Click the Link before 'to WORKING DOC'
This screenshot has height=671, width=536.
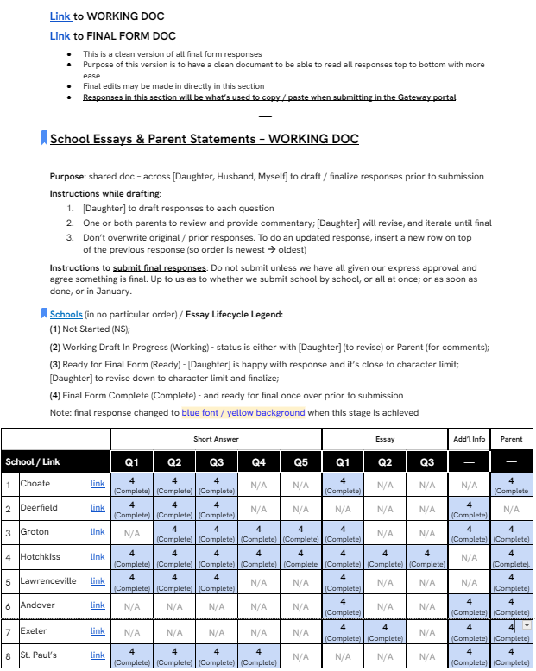(x=60, y=16)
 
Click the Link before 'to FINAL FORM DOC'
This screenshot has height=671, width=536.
(x=60, y=36)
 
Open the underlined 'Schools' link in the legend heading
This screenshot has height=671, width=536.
(x=66, y=315)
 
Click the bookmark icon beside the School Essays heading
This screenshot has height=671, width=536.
(x=44, y=138)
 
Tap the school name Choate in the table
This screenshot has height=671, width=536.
(x=35, y=484)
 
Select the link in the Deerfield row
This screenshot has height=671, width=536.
(x=98, y=508)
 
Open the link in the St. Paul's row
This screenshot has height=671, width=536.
(x=98, y=655)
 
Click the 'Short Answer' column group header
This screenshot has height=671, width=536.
(x=216, y=439)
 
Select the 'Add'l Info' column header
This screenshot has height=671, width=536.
(x=469, y=439)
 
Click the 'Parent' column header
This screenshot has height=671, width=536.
(x=511, y=439)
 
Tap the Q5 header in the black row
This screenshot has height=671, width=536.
(x=300, y=462)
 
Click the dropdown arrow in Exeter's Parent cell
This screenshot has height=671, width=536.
(x=527, y=625)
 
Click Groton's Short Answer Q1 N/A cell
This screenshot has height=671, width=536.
(x=132, y=533)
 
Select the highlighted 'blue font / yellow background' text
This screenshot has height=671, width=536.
(x=243, y=413)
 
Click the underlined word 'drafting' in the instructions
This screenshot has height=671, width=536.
(x=142, y=194)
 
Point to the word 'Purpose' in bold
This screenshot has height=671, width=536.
(x=67, y=177)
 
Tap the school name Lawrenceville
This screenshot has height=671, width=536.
(x=48, y=581)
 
